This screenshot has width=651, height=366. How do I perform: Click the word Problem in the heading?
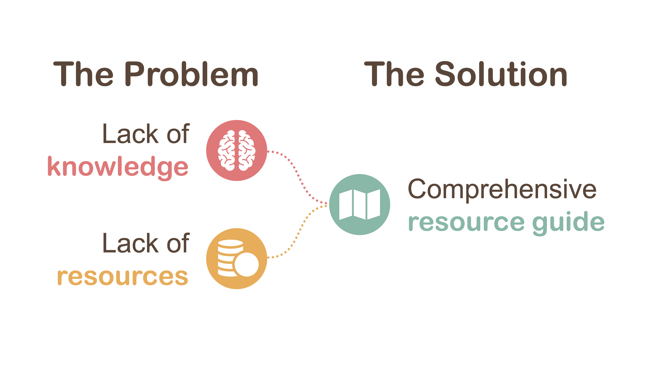pos(192,74)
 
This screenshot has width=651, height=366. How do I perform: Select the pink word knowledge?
pos(118,167)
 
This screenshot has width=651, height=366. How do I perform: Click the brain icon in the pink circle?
pos(236,150)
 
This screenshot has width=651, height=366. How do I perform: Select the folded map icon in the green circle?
pos(359,205)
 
